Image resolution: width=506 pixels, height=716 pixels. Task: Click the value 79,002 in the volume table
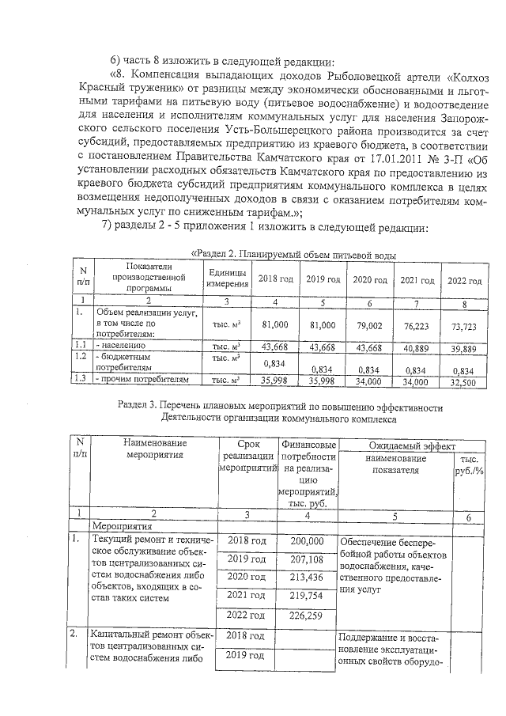pos(368,326)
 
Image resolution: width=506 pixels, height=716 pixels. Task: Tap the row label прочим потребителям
pos(142,381)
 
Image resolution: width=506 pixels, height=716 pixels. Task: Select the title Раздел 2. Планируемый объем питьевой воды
pos(293,255)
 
